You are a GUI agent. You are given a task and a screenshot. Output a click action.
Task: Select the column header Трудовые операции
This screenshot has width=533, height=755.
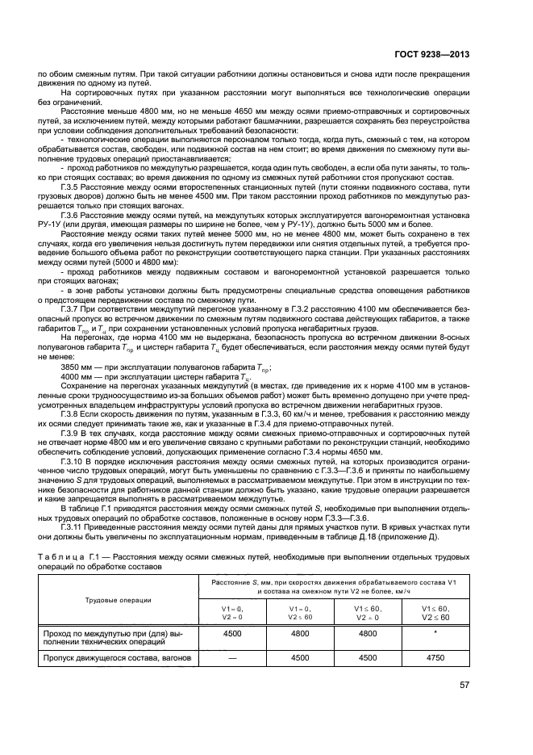click(x=119, y=599)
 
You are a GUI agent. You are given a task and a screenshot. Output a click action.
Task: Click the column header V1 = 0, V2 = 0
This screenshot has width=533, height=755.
click(x=232, y=611)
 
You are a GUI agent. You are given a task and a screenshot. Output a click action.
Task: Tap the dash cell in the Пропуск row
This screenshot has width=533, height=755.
click(x=232, y=657)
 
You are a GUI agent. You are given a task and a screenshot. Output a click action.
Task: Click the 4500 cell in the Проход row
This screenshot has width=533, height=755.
click(x=232, y=634)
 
